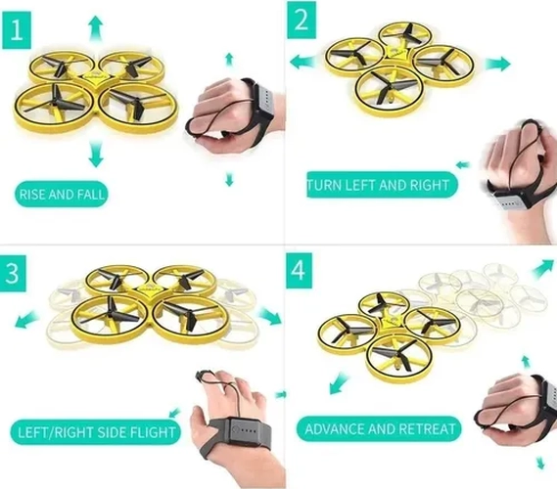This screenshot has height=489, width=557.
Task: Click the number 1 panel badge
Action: coord(17,30)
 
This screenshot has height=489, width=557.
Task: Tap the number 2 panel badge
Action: coord(302,20)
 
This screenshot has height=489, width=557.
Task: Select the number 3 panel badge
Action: coord(13,273)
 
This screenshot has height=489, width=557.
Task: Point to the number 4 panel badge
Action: coord(300,271)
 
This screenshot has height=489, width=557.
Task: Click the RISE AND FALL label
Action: coord(62,195)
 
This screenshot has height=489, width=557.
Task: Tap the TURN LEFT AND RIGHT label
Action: coord(382,185)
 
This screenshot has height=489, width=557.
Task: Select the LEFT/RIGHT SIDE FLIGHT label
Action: coord(96,432)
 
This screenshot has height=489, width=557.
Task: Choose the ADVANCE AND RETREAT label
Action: coord(379,429)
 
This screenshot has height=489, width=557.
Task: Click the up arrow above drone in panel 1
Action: coord(95,29)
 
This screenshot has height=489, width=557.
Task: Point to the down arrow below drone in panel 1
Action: coord(95,154)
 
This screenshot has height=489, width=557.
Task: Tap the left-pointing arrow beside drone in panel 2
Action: coord(302,62)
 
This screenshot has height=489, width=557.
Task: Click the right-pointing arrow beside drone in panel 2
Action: coord(497,64)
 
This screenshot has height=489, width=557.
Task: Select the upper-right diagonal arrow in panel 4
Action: coord(543,268)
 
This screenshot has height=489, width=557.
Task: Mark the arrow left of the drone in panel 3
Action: coord(26,319)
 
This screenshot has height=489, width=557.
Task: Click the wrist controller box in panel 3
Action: coord(249,431)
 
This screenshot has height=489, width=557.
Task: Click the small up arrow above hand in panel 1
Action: coord(229,59)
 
